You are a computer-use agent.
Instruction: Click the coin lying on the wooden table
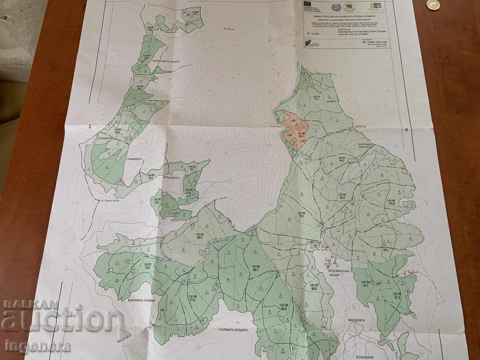click(433, 5)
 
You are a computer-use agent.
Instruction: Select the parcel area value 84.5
click(284, 308)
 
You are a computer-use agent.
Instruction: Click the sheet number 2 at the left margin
click(90, 127)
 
